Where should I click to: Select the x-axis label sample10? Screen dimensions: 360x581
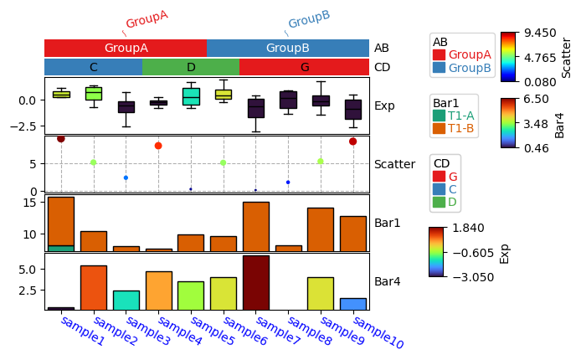click(x=373, y=333)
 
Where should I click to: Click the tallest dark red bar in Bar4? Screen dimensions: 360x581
click(x=255, y=282)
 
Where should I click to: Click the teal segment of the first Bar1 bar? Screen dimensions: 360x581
click(x=60, y=248)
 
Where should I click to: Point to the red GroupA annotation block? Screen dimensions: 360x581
click(x=126, y=49)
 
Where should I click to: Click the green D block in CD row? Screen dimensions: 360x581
click(x=191, y=67)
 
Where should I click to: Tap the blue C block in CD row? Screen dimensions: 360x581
click(x=93, y=67)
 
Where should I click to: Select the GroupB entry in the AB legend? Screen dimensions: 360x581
click(x=469, y=68)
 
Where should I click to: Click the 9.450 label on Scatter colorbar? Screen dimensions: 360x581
click(x=540, y=33)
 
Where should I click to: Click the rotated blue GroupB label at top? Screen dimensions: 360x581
click(x=308, y=20)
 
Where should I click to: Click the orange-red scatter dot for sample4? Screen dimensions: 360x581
click(x=158, y=146)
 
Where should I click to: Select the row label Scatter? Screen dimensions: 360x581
click(x=394, y=164)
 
